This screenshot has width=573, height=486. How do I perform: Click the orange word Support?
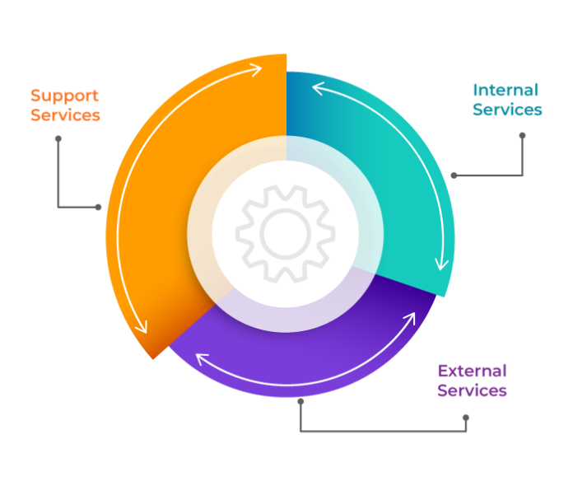[x=64, y=96]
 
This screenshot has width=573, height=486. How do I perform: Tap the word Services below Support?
[x=65, y=115]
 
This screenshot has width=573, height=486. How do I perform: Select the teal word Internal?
[x=505, y=90]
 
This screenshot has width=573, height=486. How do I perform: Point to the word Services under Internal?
[x=507, y=110]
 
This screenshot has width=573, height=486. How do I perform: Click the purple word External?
[x=472, y=371]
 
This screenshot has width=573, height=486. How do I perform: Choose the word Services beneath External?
[x=472, y=390]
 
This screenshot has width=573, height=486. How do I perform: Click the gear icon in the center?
[x=286, y=233]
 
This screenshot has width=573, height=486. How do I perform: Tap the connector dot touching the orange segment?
[x=99, y=207]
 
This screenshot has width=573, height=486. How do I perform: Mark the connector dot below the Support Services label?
[x=58, y=138]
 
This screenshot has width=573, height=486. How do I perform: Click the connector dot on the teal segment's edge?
[x=453, y=175]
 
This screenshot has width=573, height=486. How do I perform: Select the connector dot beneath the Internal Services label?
[x=522, y=135]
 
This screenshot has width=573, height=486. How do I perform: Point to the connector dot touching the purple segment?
[x=300, y=401]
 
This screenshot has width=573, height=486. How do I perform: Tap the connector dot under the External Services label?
[x=465, y=418]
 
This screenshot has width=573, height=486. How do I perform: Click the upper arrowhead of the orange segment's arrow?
[x=259, y=66]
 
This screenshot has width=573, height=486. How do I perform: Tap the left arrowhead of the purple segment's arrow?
[x=201, y=359]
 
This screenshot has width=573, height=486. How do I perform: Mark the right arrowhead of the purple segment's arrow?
[x=412, y=317]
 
